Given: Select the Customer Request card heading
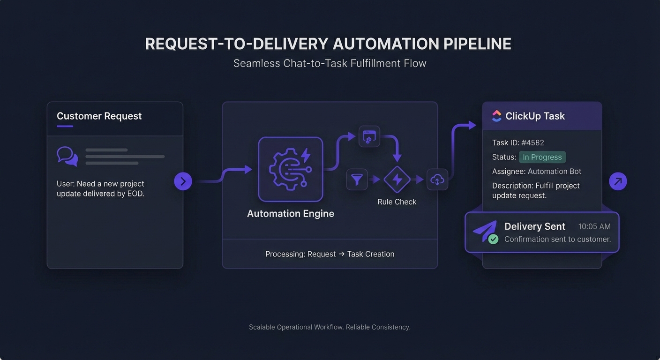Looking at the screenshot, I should (x=99, y=116).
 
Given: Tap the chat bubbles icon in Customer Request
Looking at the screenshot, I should (x=67, y=156).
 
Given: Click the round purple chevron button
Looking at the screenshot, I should (x=183, y=181).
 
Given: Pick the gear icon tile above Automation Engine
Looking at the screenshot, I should (x=291, y=169).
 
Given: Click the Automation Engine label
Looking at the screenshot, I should (x=291, y=214).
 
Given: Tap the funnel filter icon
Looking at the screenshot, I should (x=357, y=180).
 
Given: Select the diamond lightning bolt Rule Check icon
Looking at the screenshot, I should (x=397, y=180).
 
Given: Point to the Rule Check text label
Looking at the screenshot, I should (x=397, y=202).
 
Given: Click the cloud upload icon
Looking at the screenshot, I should (x=437, y=180).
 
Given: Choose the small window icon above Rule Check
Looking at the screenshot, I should (x=369, y=136).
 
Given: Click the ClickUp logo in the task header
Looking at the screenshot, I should (x=497, y=116).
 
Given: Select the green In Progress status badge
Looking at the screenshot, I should (x=542, y=157).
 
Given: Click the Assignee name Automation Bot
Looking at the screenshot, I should (x=555, y=172).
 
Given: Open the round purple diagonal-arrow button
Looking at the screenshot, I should (x=618, y=181).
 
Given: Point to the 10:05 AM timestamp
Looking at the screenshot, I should (x=594, y=226).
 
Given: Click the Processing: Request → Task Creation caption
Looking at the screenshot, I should (x=330, y=254).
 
